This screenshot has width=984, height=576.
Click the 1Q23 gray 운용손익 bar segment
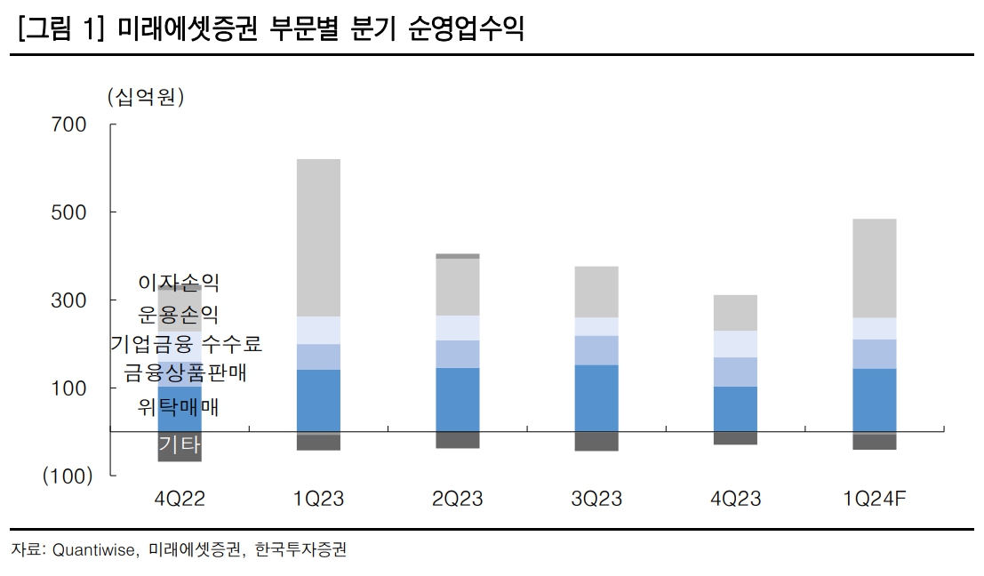point(318,237)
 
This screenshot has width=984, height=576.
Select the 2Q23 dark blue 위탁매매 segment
point(458,399)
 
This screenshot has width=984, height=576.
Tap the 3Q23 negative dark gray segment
point(596,441)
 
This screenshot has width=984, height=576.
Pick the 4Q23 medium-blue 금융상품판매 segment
point(735,372)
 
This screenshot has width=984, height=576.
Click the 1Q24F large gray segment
point(874,268)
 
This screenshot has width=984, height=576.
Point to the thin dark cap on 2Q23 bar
point(458,256)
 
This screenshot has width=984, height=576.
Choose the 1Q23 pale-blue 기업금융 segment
point(318,330)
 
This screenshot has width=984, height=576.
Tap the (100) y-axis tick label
point(68,476)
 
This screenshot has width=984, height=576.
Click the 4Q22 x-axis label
point(180,499)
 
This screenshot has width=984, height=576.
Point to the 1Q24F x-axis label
point(875,499)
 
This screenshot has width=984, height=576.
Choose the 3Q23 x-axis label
point(596,499)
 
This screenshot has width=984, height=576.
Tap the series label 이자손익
point(179,283)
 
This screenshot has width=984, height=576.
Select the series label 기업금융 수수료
point(187,343)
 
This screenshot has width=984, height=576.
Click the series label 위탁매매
point(179,407)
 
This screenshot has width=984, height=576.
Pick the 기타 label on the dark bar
point(180,445)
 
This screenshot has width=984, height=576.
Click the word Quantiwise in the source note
point(94,550)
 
